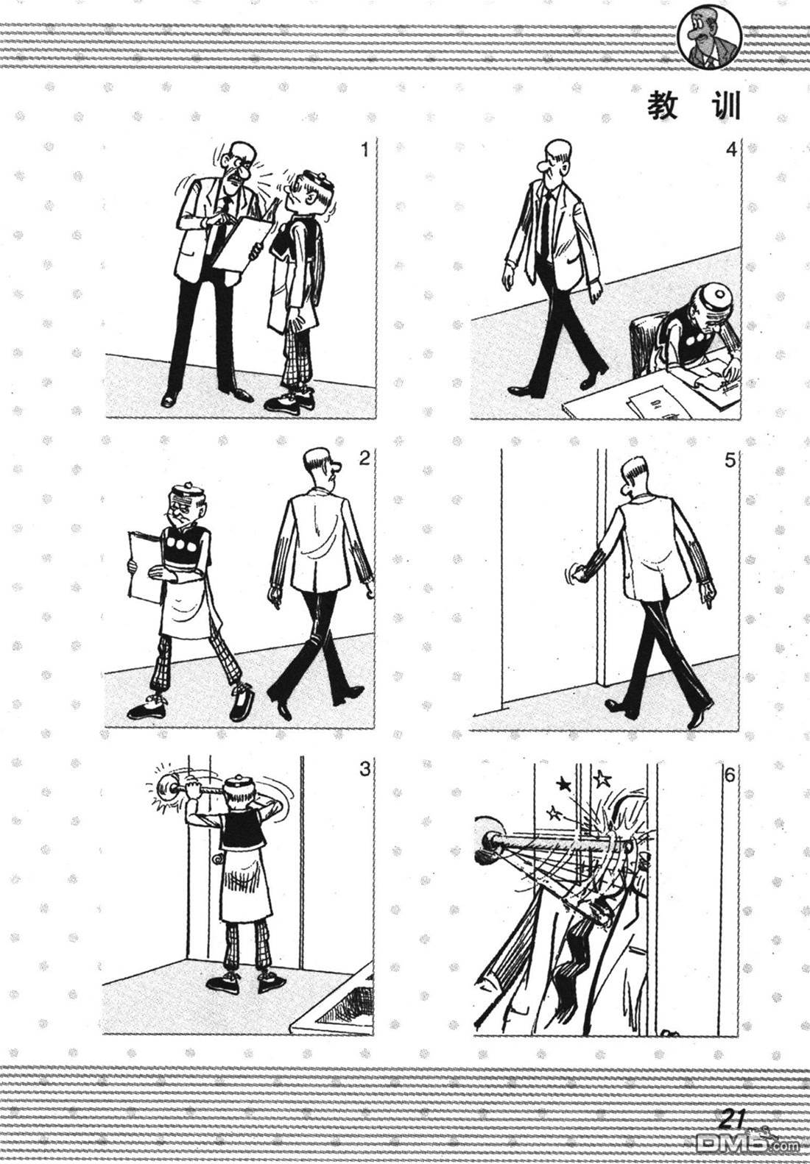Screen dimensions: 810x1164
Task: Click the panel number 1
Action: click(x=364, y=150)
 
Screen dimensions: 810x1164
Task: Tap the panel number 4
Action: click(x=731, y=150)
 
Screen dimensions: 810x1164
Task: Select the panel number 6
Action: click(x=730, y=776)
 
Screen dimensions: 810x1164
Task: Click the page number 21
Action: click(x=733, y=1115)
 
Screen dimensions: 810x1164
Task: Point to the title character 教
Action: click(x=663, y=107)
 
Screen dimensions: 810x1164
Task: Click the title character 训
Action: click(x=725, y=107)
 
